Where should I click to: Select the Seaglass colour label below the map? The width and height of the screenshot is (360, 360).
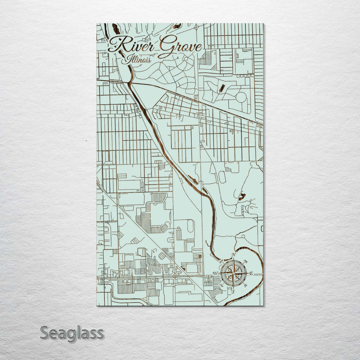click(x=72, y=332)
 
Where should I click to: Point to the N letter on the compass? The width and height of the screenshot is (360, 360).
click(x=233, y=256)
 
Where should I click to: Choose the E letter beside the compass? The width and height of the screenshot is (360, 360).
click(x=251, y=273)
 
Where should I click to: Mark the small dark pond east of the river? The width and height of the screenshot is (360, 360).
click(x=242, y=196)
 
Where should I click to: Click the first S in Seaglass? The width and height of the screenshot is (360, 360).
click(x=44, y=332)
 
